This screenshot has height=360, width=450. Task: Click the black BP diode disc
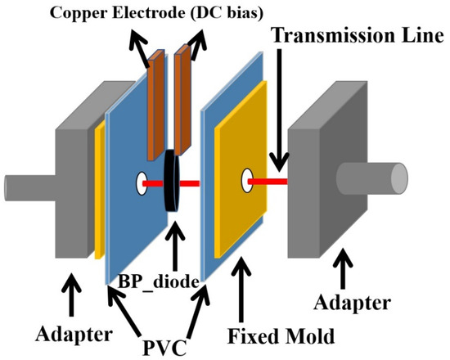coord(173,180)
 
